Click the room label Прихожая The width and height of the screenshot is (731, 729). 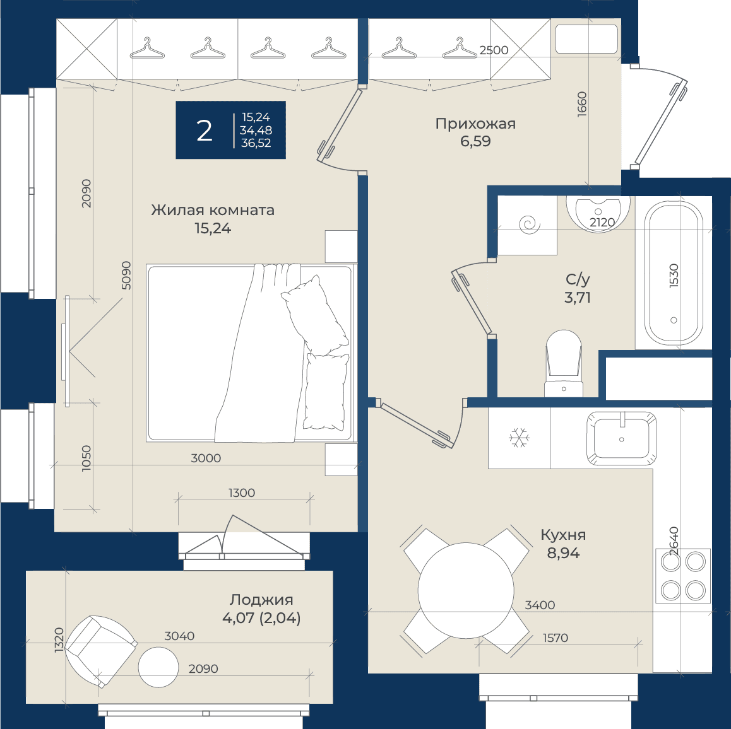click(475, 124)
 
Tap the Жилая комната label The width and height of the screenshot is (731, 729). click(213, 210)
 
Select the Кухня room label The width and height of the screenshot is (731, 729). click(563, 535)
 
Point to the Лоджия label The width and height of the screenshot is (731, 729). click(261, 600)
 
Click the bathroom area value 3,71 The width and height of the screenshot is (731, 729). click(578, 298)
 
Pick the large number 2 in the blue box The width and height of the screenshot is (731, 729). click(205, 131)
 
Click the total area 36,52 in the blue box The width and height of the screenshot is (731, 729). click(256, 143)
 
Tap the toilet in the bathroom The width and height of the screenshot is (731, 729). click(564, 364)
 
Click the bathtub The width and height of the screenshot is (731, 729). click(674, 272)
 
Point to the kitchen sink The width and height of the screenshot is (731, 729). click(621, 438)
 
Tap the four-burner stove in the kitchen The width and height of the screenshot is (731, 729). click(683, 576)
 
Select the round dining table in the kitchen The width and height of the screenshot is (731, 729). click(466, 591)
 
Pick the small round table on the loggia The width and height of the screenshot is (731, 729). click(158, 667)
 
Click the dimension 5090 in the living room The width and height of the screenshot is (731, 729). click(126, 276)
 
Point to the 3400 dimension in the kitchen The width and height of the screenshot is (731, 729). click(540, 605)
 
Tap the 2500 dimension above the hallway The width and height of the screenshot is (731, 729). click(494, 50)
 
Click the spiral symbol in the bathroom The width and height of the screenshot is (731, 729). click(530, 225)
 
